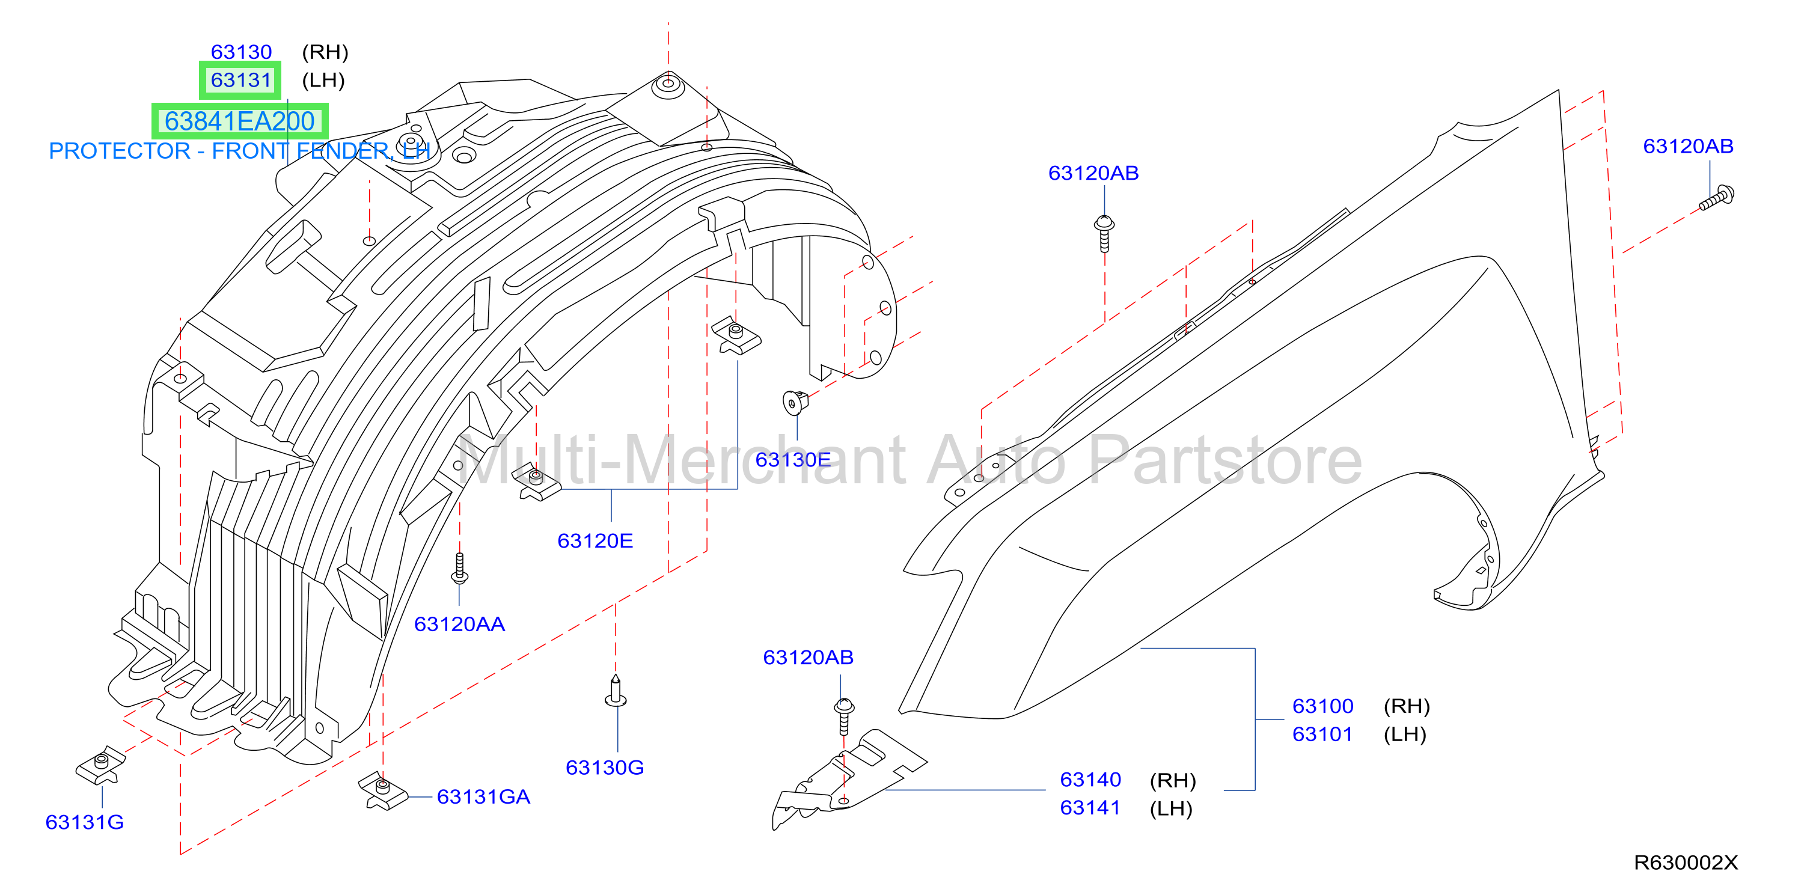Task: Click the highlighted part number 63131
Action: pos(241,80)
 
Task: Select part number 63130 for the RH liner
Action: pos(241,52)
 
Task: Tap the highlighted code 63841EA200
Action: pos(239,121)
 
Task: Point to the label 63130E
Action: pos(793,459)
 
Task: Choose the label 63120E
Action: pos(595,540)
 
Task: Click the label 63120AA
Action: pos(459,624)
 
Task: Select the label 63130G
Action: pos(605,767)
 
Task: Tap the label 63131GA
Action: pos(483,796)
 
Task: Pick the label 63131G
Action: pos(84,822)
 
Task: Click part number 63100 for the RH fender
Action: pos(1322,706)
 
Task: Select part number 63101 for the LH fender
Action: pos(1322,734)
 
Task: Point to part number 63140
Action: pos(1090,779)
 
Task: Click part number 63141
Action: pos(1090,807)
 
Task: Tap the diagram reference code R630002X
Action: pos(1686,863)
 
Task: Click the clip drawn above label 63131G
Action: pos(100,765)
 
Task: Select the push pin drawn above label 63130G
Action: pos(616,691)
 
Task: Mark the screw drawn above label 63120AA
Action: pos(460,569)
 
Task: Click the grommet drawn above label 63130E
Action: pos(795,403)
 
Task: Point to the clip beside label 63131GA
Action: pos(383,790)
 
